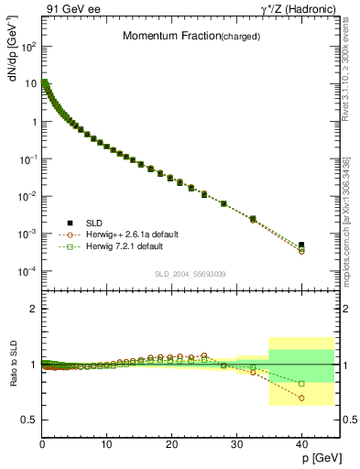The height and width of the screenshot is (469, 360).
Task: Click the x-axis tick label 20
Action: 171,443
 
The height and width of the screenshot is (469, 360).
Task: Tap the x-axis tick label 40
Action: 301,443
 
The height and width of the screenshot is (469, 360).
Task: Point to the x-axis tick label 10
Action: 106,443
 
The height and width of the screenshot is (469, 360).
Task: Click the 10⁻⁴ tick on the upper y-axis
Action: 27,271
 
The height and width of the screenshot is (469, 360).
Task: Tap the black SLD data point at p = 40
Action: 301,245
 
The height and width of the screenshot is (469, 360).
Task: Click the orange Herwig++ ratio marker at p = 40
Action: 301,398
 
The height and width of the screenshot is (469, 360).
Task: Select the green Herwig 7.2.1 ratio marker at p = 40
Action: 301,383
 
